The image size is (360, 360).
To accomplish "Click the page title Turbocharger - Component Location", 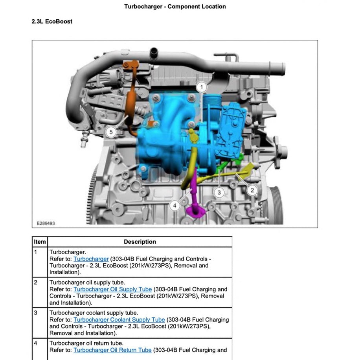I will [175, 6].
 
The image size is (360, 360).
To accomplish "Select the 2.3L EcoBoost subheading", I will [52, 21].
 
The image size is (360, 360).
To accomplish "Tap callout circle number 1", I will [201, 87].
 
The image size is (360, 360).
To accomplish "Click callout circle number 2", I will [252, 190].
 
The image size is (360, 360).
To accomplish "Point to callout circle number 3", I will [219, 192].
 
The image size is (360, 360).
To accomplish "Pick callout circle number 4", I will [174, 205].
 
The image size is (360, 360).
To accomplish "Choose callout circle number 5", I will [111, 132].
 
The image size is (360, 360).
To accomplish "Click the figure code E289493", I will [46, 223].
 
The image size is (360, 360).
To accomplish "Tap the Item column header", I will [40, 242].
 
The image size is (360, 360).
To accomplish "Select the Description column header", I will [140, 242].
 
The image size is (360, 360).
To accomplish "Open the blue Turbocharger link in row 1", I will [91, 259].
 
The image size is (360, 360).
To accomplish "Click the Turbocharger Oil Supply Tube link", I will [112, 289].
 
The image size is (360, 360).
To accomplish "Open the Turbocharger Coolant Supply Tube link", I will [119, 320].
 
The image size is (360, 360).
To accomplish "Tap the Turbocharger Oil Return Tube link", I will [112, 350].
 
